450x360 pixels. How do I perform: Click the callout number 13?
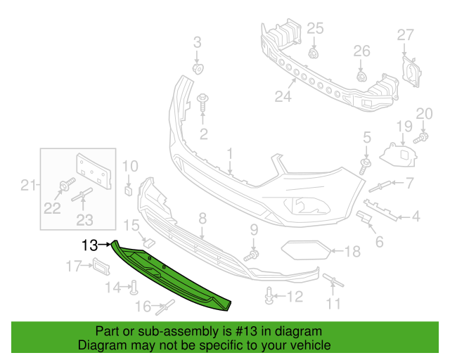89,245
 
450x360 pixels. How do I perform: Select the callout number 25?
315,29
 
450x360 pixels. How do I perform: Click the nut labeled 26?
361,75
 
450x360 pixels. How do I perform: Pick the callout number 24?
283,97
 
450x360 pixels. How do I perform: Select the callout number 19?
404,127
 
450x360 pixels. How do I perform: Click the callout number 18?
352,251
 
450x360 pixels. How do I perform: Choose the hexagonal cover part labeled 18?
302,250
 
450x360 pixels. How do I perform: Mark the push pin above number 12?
269,298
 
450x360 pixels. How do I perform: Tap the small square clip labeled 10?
129,188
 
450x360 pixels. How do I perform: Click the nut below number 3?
198,68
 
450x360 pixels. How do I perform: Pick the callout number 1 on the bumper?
230,153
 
